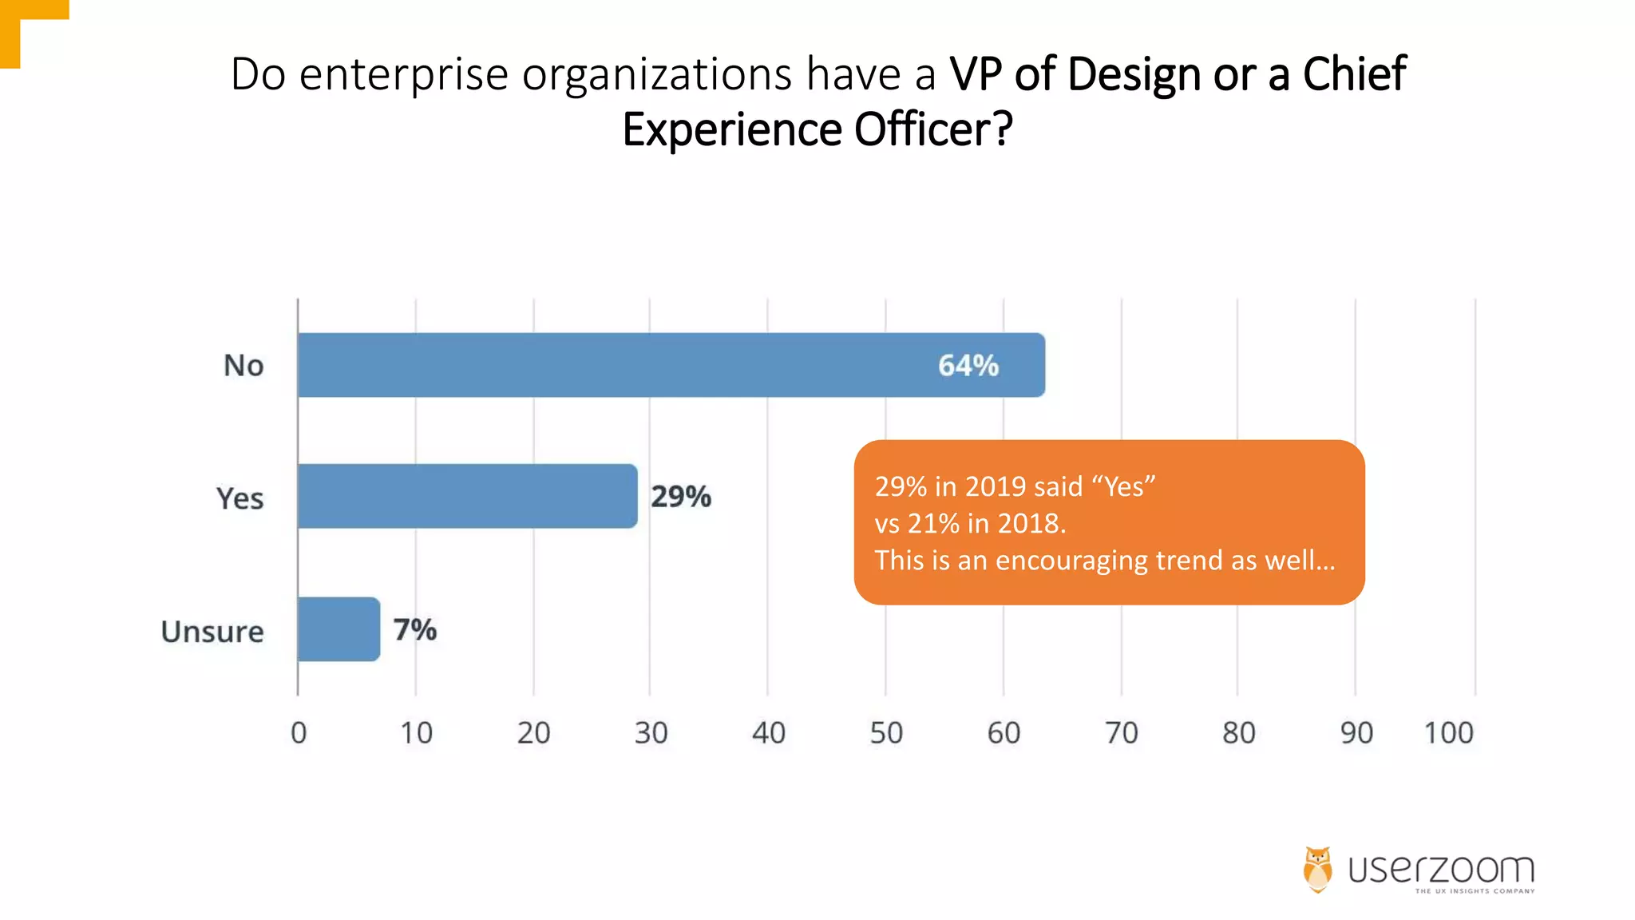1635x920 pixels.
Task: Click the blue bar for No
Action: (671, 365)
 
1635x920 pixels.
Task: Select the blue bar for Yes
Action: (467, 496)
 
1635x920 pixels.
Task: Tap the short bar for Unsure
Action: (338, 629)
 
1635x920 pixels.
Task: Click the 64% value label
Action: (968, 366)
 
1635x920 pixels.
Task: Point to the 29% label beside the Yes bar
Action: (680, 497)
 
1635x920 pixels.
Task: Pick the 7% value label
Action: (414, 630)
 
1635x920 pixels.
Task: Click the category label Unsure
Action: (212, 632)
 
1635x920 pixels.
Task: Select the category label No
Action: (243, 366)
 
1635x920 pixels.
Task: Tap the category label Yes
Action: (240, 498)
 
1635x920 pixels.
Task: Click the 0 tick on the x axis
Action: (299, 732)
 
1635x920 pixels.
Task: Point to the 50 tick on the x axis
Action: (886, 732)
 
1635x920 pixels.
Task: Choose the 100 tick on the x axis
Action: (1448, 732)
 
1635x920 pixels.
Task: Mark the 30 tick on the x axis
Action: (651, 732)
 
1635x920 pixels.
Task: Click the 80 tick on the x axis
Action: (1238, 732)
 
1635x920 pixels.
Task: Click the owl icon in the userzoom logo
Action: (1318, 869)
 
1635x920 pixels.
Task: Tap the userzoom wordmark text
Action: (1441, 869)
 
